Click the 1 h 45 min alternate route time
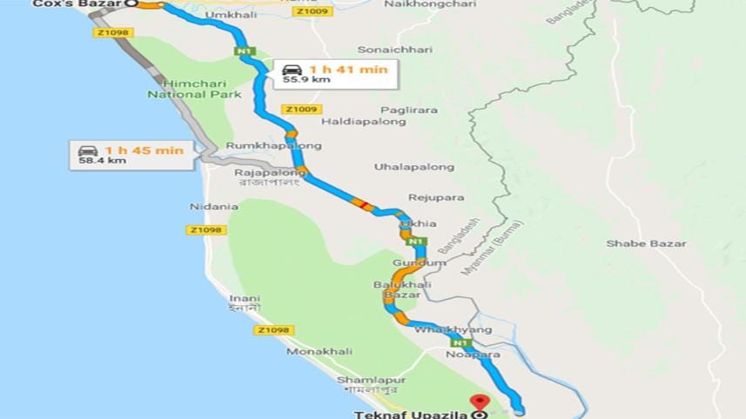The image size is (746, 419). pyautogui.click(x=144, y=150)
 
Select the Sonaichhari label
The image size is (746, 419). pyautogui.click(x=394, y=50)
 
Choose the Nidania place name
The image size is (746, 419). pyautogui.click(x=214, y=207)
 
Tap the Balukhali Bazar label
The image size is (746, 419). pyautogui.click(x=397, y=289)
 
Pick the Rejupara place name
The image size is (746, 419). pyautogui.click(x=436, y=197)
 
